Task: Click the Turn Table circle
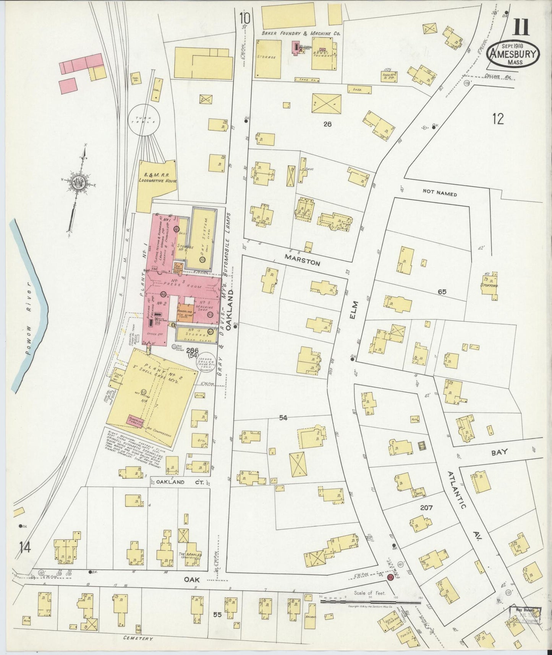pos(143,120)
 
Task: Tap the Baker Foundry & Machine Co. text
pos(301,34)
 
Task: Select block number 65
pos(442,292)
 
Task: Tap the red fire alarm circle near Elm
pos(390,577)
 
